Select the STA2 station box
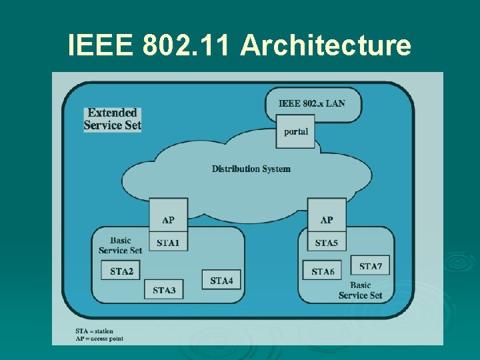[x=121, y=270]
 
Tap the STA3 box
[x=163, y=289]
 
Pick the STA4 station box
[x=221, y=280]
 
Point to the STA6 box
[x=323, y=271]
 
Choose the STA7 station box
[x=370, y=266]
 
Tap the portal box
[x=295, y=131]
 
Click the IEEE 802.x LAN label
[x=311, y=103]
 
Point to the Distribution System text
[x=251, y=169]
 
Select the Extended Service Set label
[x=112, y=119]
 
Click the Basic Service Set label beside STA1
[x=120, y=245]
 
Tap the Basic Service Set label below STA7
[x=360, y=290]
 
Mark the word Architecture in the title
[x=325, y=45]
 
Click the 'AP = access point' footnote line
[x=99, y=339]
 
